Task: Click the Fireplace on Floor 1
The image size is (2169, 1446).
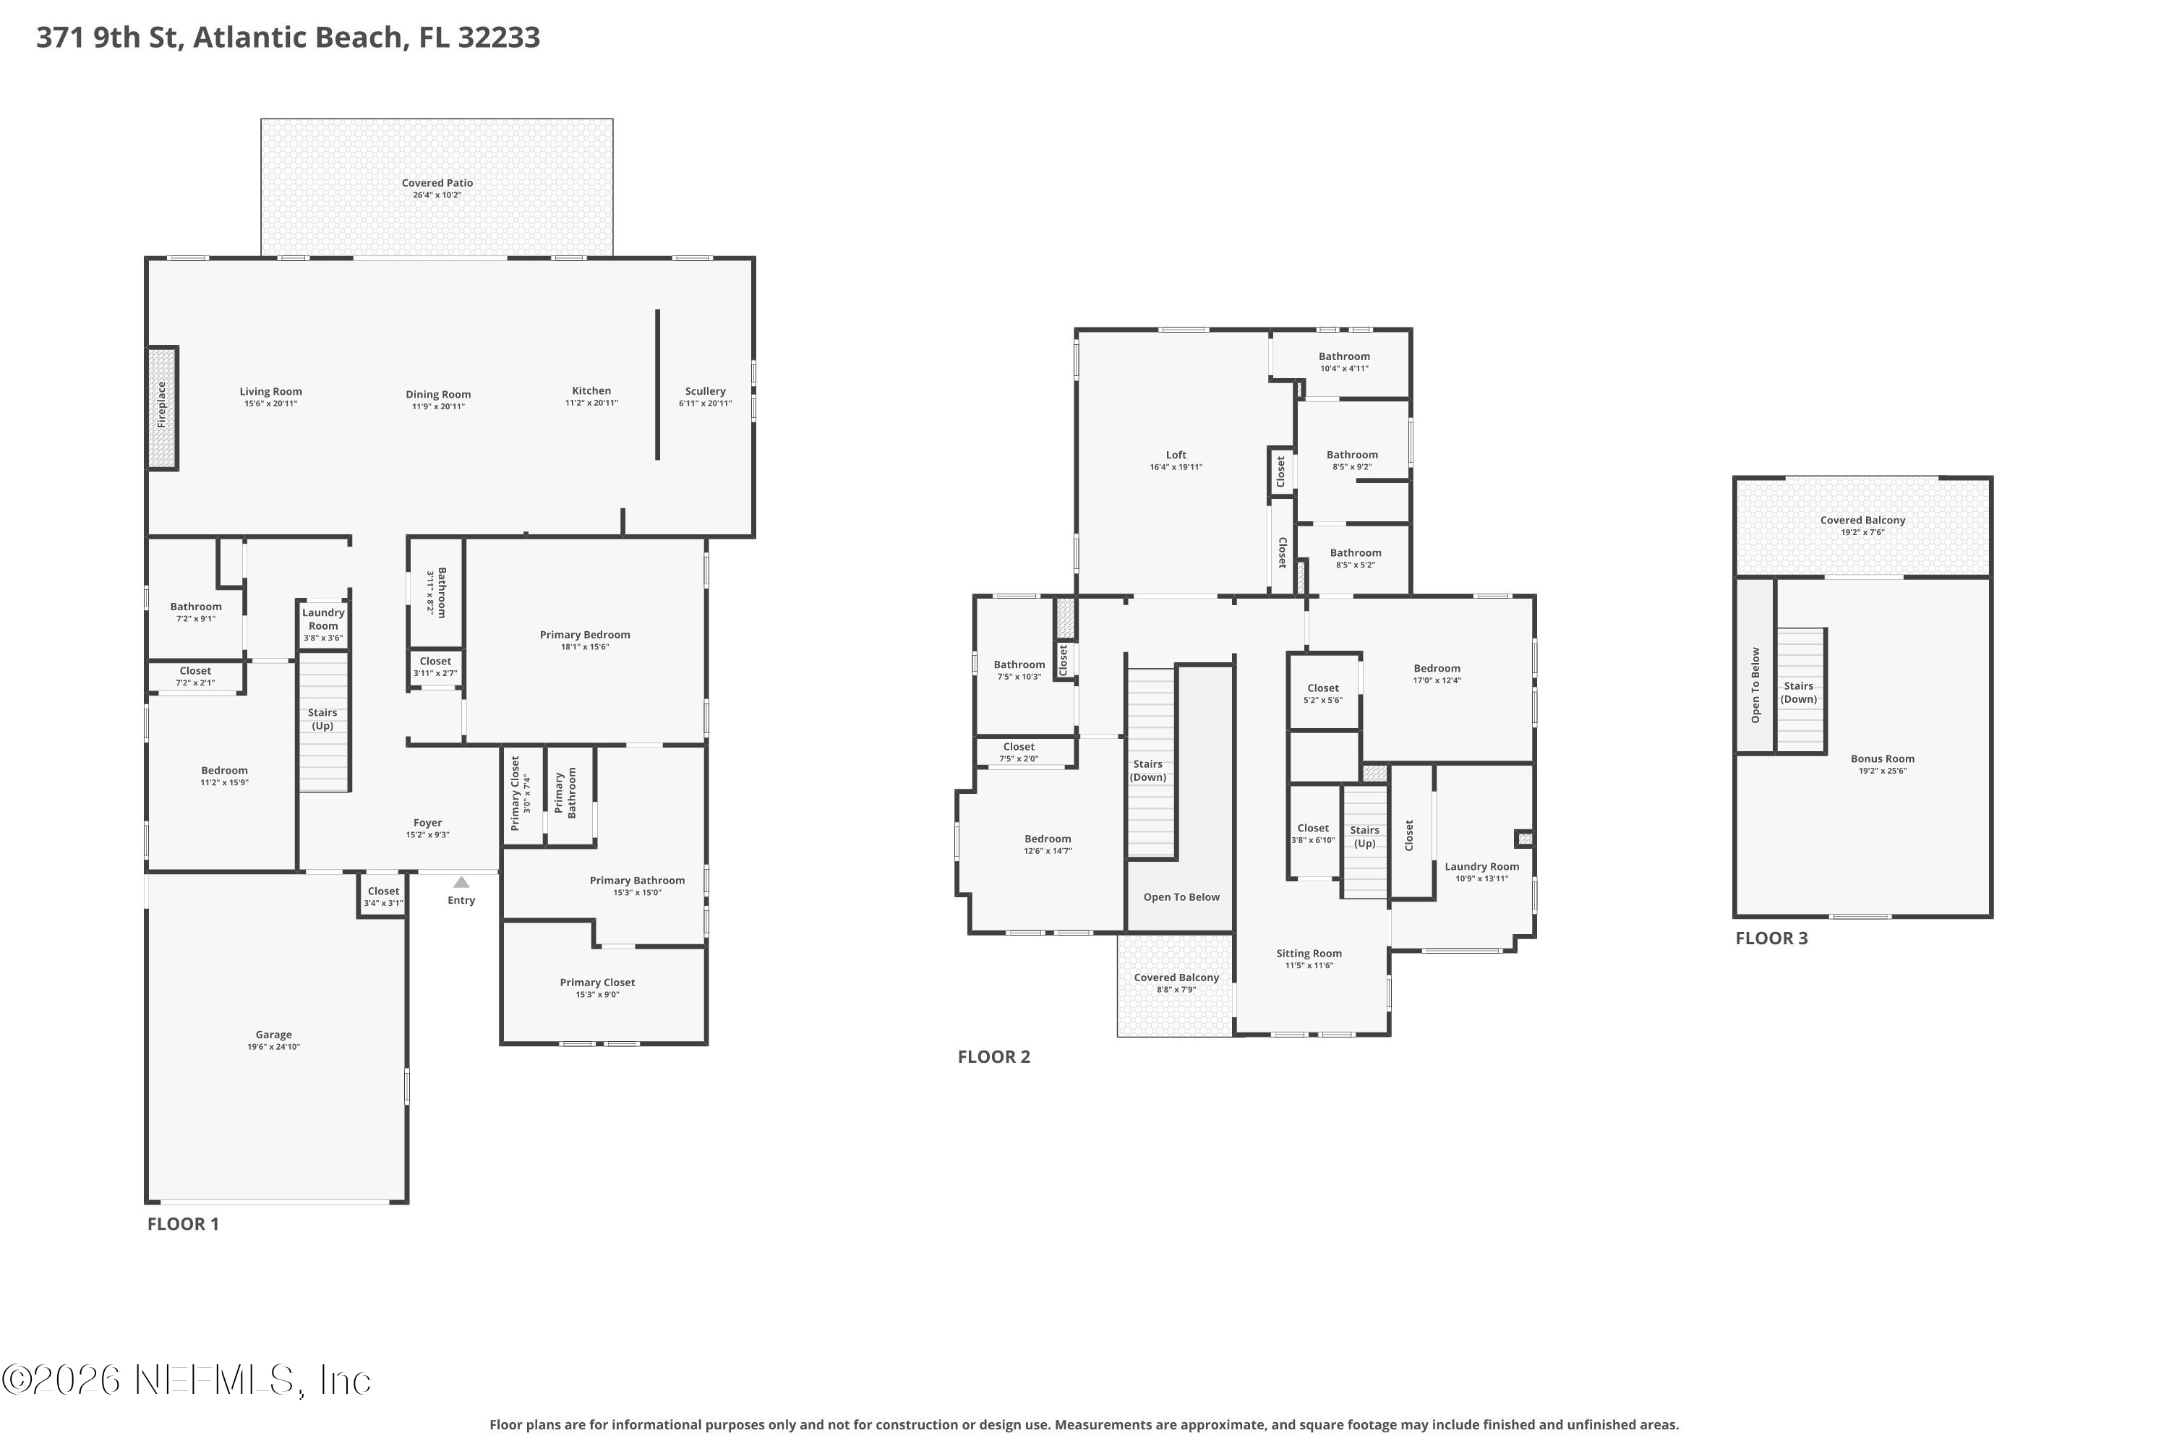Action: click(x=162, y=408)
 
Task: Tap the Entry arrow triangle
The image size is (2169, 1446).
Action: click(x=461, y=883)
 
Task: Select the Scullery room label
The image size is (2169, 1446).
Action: click(x=706, y=392)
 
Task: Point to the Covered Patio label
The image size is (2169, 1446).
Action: click(x=437, y=184)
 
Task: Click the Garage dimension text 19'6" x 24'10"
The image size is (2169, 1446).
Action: click(x=274, y=1047)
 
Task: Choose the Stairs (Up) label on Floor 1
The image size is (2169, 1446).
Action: click(x=322, y=719)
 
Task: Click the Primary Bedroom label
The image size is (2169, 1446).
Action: click(x=585, y=635)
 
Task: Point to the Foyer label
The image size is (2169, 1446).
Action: click(x=428, y=823)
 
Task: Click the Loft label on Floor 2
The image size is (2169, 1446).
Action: click(x=1176, y=455)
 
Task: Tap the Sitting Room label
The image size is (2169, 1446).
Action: click(x=1309, y=954)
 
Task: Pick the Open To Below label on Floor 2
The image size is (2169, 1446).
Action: click(x=1181, y=897)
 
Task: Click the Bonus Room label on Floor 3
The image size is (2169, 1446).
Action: click(x=1882, y=759)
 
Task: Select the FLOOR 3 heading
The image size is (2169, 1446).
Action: click(x=1771, y=938)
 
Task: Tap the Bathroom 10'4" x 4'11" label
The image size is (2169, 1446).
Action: click(x=1343, y=357)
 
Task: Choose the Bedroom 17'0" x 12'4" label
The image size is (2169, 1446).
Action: click(x=1437, y=669)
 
